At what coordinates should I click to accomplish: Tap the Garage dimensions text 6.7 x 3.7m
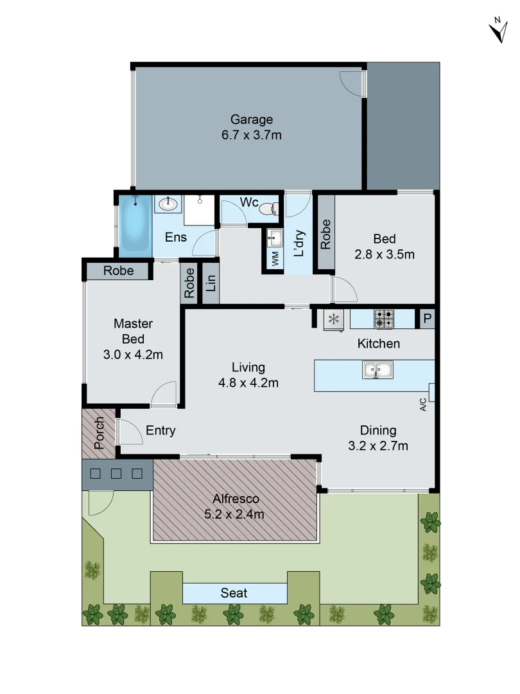[252, 136]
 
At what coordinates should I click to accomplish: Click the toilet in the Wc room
[269, 208]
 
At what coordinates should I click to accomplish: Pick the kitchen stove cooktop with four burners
[384, 318]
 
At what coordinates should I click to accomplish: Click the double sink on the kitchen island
[378, 369]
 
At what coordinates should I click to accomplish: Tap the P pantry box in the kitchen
[426, 319]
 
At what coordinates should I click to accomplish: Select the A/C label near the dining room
[423, 404]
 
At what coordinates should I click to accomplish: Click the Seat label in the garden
[234, 593]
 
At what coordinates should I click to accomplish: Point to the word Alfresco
[236, 499]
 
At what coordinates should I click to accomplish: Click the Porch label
[99, 432]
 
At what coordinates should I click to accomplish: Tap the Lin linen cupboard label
[211, 283]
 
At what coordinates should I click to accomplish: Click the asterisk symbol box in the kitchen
[334, 319]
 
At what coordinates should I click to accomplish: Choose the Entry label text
[160, 431]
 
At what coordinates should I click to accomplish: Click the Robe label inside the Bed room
[325, 235]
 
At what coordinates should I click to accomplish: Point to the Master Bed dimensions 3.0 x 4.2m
[133, 354]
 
